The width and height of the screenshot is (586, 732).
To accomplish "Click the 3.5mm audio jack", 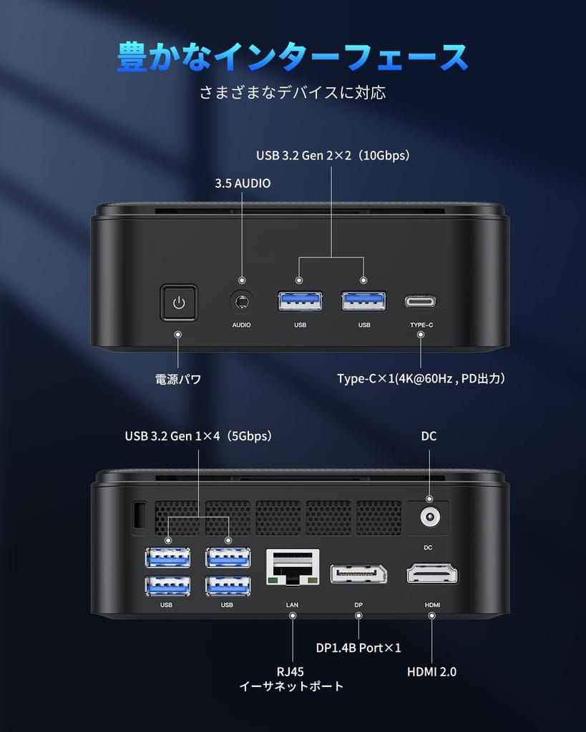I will click(x=242, y=302).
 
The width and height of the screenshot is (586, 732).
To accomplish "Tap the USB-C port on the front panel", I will click(x=421, y=301).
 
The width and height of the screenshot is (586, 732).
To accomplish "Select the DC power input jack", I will click(x=429, y=516).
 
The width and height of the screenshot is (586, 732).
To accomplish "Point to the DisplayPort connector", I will click(x=358, y=573).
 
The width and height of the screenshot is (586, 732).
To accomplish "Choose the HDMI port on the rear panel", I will click(x=432, y=573).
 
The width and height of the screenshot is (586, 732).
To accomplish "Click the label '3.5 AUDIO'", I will click(x=243, y=183).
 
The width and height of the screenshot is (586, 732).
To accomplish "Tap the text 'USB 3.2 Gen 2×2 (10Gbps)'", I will click(x=333, y=155).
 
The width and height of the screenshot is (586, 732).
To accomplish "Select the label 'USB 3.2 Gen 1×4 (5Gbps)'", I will click(x=198, y=436).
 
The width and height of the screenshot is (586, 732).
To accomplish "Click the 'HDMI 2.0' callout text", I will click(x=431, y=671).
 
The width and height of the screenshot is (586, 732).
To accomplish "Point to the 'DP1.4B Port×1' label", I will click(x=358, y=648).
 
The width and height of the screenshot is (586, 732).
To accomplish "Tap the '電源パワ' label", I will click(x=178, y=380).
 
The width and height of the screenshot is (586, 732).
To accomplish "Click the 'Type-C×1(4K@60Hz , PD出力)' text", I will click(x=421, y=379).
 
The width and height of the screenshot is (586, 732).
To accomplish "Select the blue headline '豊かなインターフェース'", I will click(x=293, y=57).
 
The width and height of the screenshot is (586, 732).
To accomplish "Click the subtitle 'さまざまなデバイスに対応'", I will click(x=293, y=93).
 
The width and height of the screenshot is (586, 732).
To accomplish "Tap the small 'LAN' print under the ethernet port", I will click(x=292, y=605).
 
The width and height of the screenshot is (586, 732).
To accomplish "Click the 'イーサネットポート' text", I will click(x=291, y=686).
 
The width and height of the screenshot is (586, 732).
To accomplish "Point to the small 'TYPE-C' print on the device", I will click(x=421, y=325).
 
